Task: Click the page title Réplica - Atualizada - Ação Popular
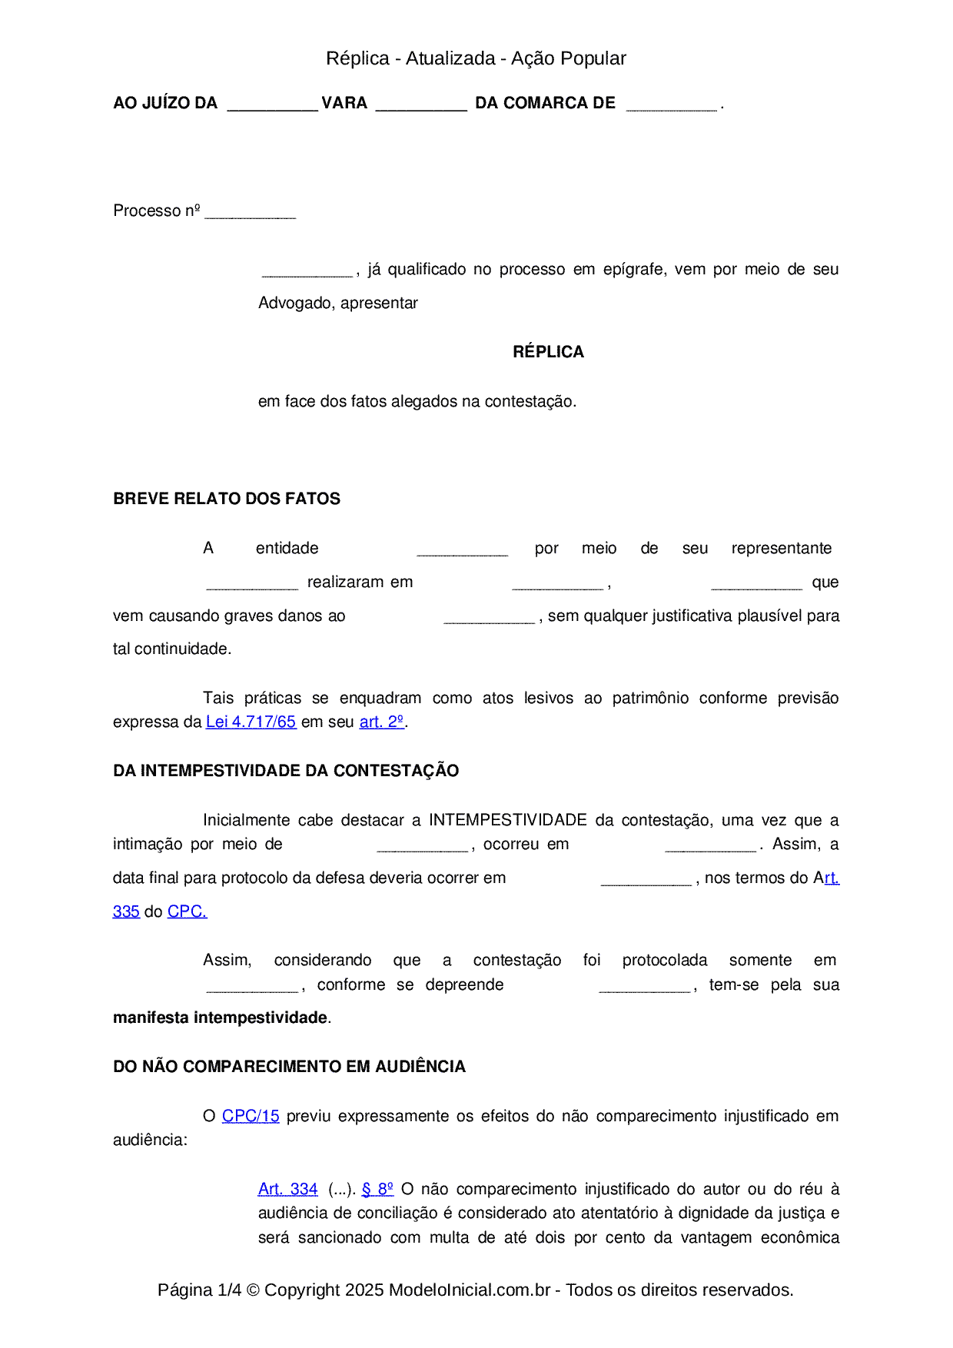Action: pos(476,58)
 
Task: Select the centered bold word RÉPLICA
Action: pos(548,352)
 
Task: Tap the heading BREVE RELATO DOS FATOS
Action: pos(227,499)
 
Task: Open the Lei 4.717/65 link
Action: pos(251,722)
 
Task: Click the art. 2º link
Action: pos(381,722)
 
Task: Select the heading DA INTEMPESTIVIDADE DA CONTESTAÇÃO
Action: pos(286,771)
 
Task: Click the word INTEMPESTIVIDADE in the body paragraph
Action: pos(507,820)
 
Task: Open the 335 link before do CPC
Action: pos(126,912)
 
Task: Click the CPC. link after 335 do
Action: pos(187,912)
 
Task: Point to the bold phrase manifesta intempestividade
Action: pos(221,1018)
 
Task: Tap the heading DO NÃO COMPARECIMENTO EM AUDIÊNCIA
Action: pos(289,1067)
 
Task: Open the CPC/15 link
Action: pos(251,1116)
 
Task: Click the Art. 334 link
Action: pos(287,1190)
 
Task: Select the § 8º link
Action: pos(377,1190)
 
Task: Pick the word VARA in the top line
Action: pos(344,103)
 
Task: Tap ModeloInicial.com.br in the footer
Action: pos(469,1290)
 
